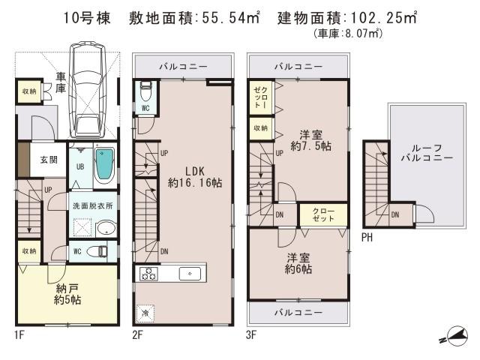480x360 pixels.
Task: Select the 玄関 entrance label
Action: [49, 160]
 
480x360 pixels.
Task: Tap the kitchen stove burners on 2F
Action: [145, 274]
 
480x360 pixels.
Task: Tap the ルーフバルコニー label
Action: [425, 153]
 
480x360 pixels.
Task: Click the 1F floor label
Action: [19, 335]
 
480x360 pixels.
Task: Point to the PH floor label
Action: [366, 238]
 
